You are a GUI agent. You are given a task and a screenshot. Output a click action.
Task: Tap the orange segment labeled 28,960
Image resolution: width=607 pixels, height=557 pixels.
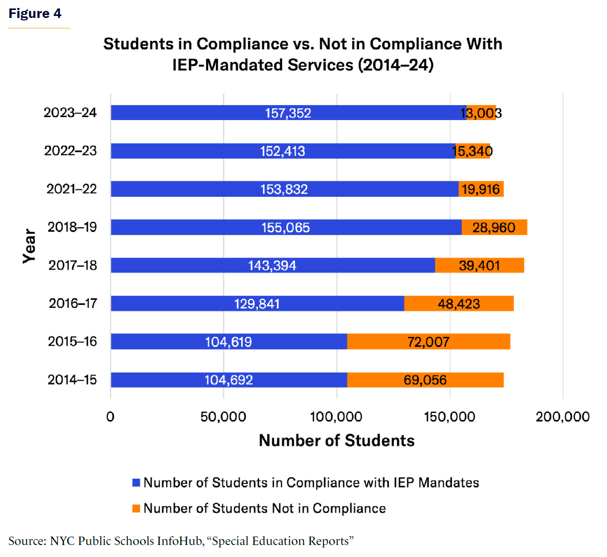pos(494,228)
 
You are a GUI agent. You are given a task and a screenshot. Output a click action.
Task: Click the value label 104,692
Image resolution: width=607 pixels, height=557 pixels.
pos(229,380)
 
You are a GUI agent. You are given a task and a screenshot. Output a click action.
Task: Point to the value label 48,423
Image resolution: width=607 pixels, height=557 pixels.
pos(459,304)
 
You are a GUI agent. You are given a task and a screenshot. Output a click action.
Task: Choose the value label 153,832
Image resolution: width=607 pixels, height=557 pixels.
pos(284,189)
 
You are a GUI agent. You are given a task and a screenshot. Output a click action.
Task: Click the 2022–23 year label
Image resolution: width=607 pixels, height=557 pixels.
pos(70,151)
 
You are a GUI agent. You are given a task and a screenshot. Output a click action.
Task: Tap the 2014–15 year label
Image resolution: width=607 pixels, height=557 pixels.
pos(72,380)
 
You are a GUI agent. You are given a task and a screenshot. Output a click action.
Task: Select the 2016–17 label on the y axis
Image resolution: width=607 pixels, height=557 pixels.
pos(73,303)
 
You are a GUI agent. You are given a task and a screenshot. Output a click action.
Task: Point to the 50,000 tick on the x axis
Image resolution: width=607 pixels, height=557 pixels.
pos(223,417)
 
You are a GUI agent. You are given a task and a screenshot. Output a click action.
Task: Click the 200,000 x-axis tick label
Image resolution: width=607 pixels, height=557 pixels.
pos(563,417)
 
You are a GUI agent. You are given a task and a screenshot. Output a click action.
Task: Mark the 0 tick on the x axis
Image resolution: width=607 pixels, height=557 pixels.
pos(110,417)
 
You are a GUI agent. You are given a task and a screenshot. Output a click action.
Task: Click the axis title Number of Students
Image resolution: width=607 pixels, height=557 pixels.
pos(337,441)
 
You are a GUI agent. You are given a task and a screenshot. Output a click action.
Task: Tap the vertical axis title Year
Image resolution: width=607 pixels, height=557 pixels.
pos(29,246)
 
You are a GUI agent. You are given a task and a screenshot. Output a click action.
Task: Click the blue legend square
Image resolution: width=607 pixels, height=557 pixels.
pos(136,483)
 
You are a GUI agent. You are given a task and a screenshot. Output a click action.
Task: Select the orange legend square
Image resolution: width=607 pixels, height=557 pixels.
pos(136,509)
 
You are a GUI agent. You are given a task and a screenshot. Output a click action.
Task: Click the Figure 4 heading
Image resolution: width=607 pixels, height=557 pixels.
pos(35,13)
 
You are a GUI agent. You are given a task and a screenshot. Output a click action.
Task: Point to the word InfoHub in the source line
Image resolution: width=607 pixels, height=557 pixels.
pos(181,541)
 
